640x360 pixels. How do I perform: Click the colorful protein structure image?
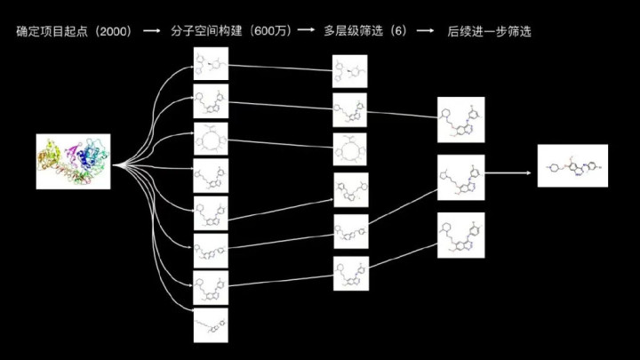(x=73, y=161)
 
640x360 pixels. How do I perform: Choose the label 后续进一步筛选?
(x=484, y=31)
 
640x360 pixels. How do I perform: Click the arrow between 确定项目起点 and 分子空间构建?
(x=153, y=31)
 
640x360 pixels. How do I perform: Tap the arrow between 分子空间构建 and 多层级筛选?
(x=306, y=31)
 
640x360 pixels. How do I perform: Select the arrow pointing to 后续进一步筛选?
(x=425, y=31)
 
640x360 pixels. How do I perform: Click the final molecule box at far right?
(x=572, y=165)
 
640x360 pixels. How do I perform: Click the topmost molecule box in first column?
(x=211, y=63)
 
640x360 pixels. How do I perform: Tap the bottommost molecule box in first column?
(x=211, y=324)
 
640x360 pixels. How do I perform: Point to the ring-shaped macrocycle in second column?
(x=349, y=149)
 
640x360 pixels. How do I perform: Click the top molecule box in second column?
(x=349, y=70)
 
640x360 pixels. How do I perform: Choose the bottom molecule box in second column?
(x=349, y=274)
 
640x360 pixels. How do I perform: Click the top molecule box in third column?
(x=460, y=120)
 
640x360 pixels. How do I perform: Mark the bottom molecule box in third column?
(x=460, y=235)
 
